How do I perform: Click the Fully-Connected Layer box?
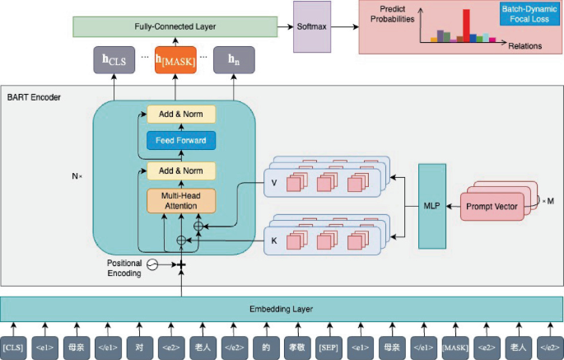175,27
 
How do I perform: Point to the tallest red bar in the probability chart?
465,25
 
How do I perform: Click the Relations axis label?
524,46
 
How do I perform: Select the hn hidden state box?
234,60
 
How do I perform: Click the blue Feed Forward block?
180,141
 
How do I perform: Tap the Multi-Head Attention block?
180,199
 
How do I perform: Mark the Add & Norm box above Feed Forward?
180,115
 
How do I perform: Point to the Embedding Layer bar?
282,308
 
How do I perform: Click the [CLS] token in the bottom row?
14,346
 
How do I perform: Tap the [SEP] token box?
328,346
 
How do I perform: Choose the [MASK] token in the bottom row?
454,346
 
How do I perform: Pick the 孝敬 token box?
296,346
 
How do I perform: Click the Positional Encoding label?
125,268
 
